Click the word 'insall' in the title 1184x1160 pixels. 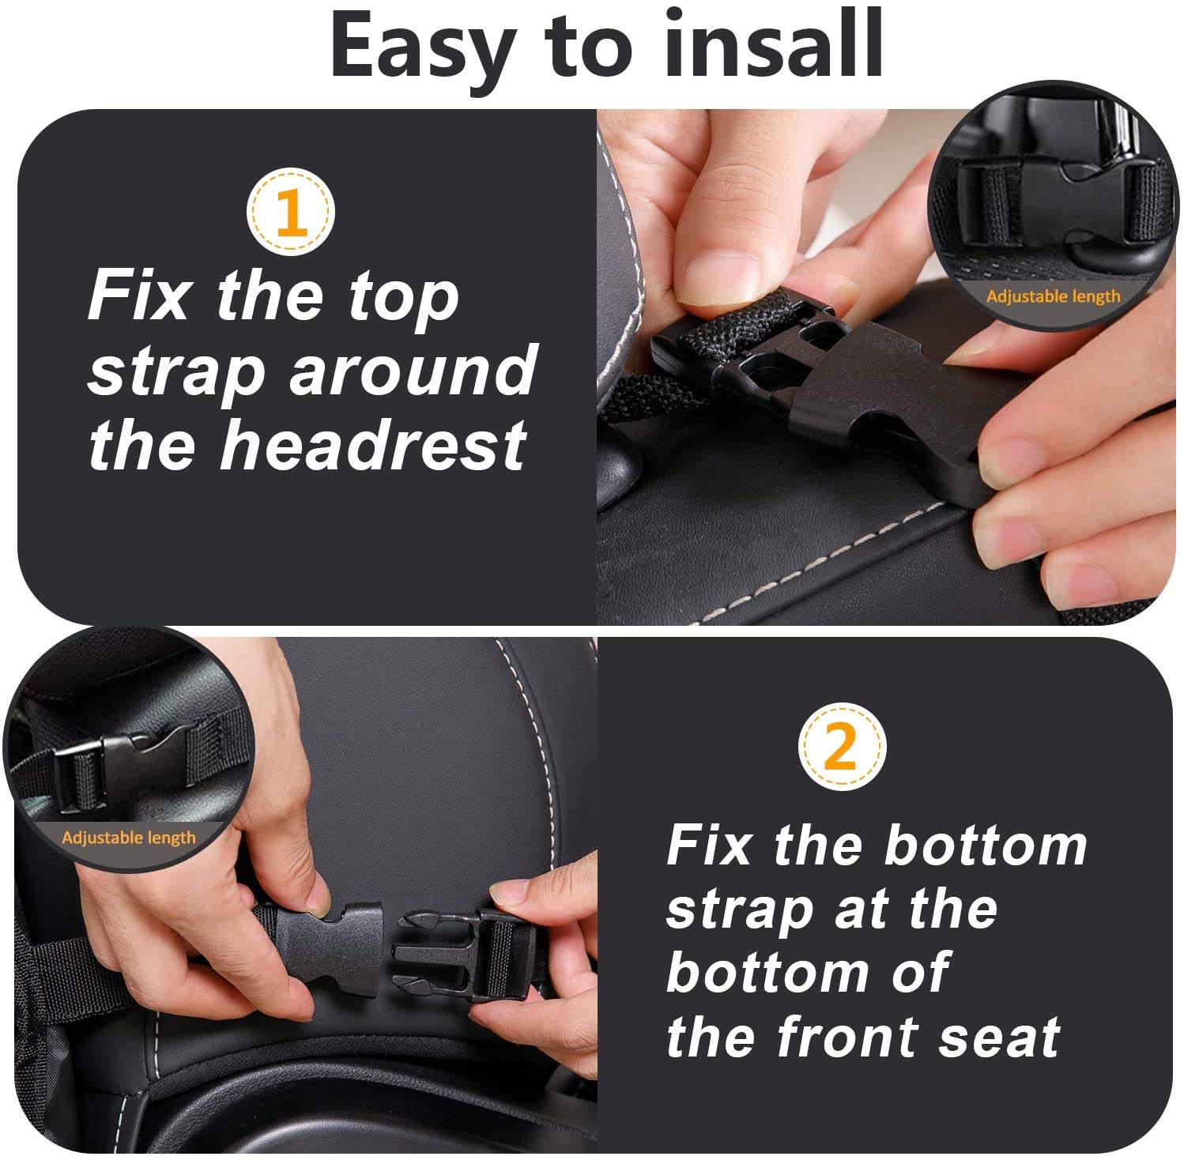tap(774, 44)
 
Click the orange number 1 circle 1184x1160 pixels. tap(291, 212)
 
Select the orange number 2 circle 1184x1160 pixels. tap(841, 746)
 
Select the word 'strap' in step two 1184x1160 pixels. tap(738, 912)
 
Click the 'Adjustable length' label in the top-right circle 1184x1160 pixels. tap(1053, 296)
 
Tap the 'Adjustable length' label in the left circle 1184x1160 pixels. tap(129, 837)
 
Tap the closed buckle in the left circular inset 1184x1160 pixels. tap(126, 763)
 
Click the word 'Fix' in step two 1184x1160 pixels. tap(708, 846)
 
